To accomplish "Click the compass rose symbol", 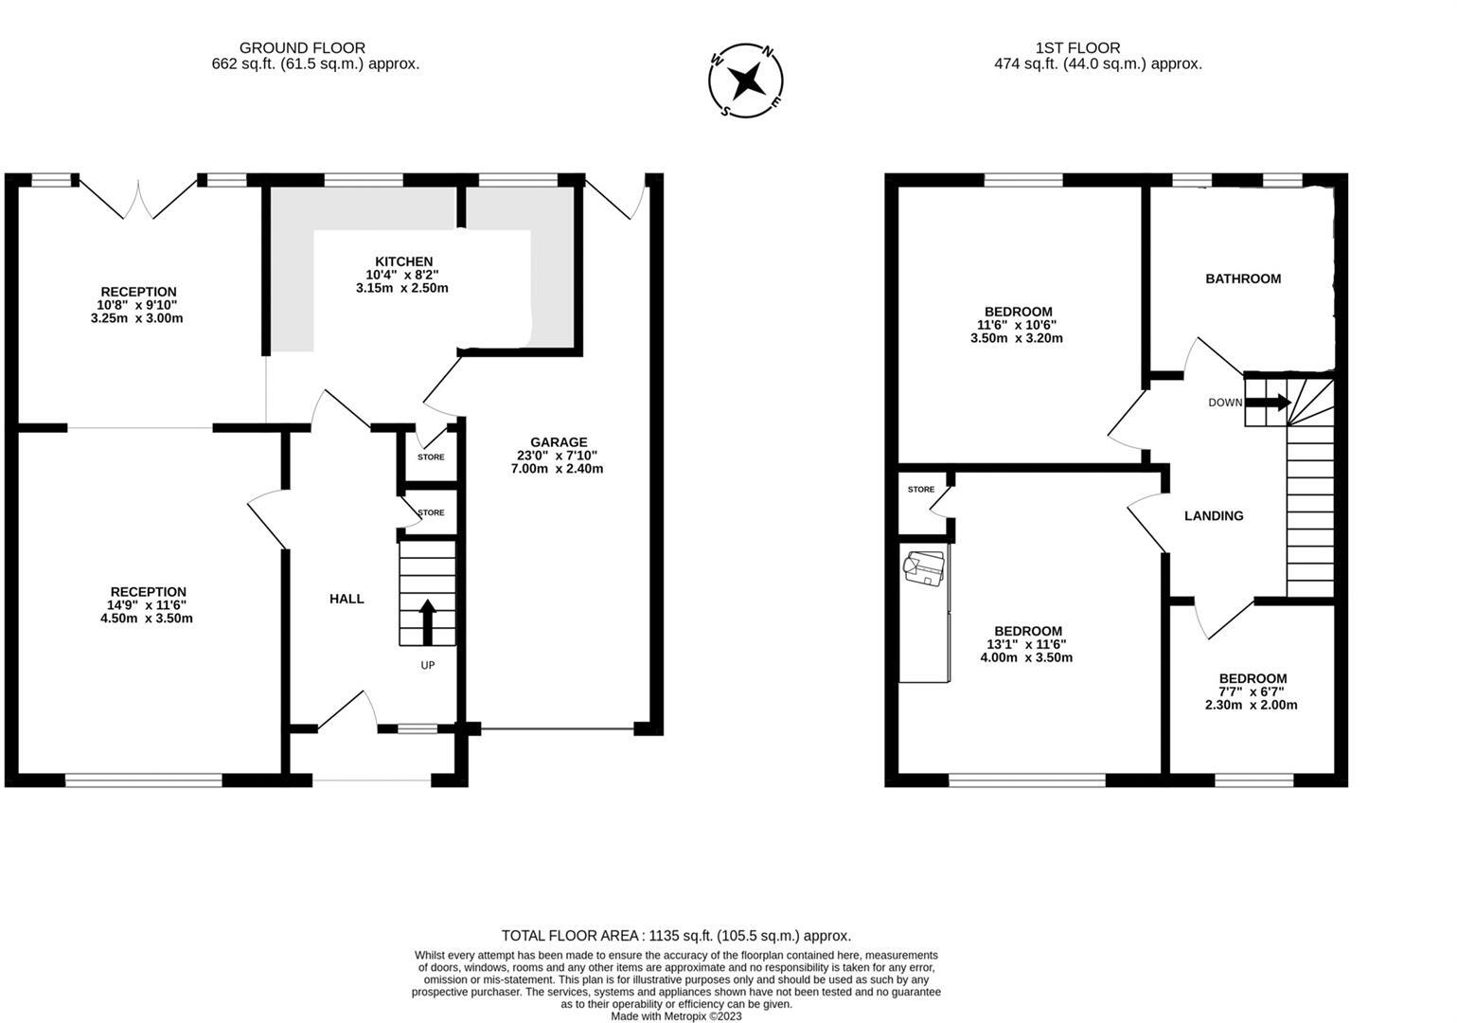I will coord(746,81).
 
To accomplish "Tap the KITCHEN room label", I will coord(403,261).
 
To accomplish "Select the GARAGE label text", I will coord(559,442).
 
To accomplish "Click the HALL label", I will coord(346,599).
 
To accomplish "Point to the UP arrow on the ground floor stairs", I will coord(427,622).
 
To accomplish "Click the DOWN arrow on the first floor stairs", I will coord(1268,403).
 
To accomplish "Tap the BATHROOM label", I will coord(1242,278).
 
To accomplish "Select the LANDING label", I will coord(1214,516).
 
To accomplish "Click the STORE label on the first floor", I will coord(920,490).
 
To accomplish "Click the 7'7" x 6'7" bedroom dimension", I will coord(1252,691).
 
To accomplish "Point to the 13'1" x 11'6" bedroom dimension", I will coord(1027,644).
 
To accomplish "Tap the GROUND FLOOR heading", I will coord(302,47).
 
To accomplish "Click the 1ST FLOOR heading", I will coord(1077,47).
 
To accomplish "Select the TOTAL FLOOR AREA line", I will coord(676,935).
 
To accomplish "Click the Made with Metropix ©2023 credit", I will coord(676,1016).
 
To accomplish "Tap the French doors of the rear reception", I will coord(138,199).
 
